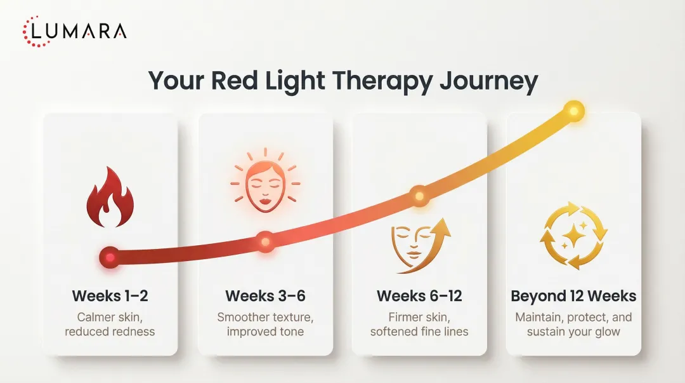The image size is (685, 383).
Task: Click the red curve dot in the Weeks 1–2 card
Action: (x=110, y=258)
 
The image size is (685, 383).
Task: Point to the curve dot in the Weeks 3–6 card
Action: (x=265, y=242)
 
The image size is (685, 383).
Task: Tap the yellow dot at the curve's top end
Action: (x=573, y=111)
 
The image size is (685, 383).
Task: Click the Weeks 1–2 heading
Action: (x=110, y=296)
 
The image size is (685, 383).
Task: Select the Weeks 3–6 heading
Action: (x=265, y=296)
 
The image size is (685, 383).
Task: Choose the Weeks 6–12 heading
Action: (x=419, y=296)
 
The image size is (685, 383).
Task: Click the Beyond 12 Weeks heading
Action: (x=573, y=296)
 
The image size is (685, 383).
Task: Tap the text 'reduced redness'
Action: (x=110, y=332)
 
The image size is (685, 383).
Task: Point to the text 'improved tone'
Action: (x=265, y=332)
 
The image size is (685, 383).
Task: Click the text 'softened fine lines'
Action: (x=419, y=332)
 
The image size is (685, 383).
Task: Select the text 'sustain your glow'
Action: (x=573, y=332)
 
